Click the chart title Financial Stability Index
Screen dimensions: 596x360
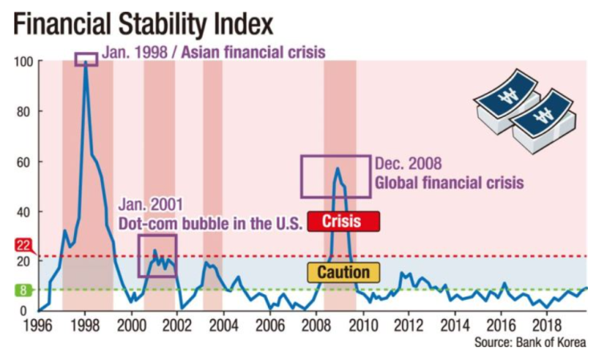[x=144, y=25]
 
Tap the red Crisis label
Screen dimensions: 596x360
[x=343, y=221]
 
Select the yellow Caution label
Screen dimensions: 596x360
[x=343, y=273]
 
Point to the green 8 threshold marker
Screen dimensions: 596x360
[x=23, y=290]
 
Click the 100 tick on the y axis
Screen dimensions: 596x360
[x=23, y=62]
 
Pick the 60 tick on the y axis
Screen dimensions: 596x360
[x=24, y=163]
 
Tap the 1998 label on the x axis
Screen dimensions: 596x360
[x=85, y=326]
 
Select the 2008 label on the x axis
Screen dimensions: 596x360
[x=316, y=326]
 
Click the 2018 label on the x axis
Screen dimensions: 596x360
[x=546, y=326]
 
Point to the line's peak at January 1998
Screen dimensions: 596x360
[x=86, y=62]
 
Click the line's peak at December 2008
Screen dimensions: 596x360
[x=337, y=168]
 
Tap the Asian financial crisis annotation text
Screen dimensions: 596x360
[x=253, y=52]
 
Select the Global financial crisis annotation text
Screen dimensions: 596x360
[x=449, y=182]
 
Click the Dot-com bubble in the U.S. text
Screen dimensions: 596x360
[x=210, y=224]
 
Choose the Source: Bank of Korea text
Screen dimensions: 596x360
[x=530, y=342]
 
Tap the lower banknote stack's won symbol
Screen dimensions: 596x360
[x=543, y=115]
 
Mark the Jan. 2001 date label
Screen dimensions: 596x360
[x=151, y=204]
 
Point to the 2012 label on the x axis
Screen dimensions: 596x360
[x=408, y=326]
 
